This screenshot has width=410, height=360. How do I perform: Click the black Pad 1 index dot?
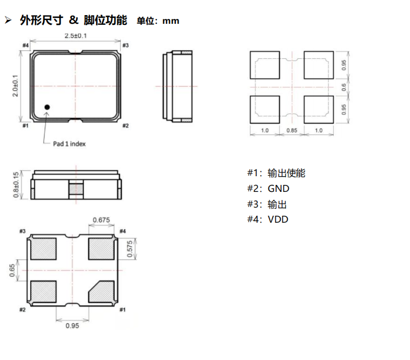pyautogui.click(x=47, y=107)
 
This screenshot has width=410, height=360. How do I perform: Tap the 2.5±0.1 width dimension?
pyautogui.click(x=76, y=36)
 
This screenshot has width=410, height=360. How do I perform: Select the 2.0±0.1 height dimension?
pyautogui.click(x=16, y=86)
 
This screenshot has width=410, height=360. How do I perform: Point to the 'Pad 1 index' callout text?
pyautogui.click(x=69, y=144)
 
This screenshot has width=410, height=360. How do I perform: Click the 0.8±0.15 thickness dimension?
pyautogui.click(x=16, y=185)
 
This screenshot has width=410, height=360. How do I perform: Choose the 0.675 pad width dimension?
pyautogui.click(x=101, y=220)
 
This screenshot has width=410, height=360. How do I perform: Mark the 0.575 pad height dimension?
pyautogui.click(x=130, y=249)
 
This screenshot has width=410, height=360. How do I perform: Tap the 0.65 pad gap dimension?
pyautogui.click(x=12, y=270)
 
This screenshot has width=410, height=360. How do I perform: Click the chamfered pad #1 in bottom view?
pyautogui.click(x=102, y=292)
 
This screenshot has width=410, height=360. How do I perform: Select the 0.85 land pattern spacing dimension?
pyautogui.click(x=292, y=130)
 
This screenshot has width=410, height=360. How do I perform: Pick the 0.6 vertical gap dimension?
pyautogui.click(x=344, y=87)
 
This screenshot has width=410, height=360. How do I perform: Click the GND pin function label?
pyautogui.click(x=279, y=189)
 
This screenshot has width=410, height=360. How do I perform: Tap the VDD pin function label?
pyautogui.click(x=278, y=219)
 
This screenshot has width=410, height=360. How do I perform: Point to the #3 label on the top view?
pyautogui.click(x=125, y=45)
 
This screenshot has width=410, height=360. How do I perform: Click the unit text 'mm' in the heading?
pyautogui.click(x=171, y=21)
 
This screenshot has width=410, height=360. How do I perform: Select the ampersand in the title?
pyautogui.click(x=74, y=20)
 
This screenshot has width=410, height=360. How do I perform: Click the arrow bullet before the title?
pyautogui.click(x=8, y=20)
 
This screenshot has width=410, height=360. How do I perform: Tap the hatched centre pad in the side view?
pyautogui.click(x=76, y=189)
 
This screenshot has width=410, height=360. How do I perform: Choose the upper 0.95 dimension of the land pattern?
pyautogui.click(x=344, y=65)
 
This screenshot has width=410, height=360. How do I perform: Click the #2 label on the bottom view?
pyautogui.click(x=23, y=310)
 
